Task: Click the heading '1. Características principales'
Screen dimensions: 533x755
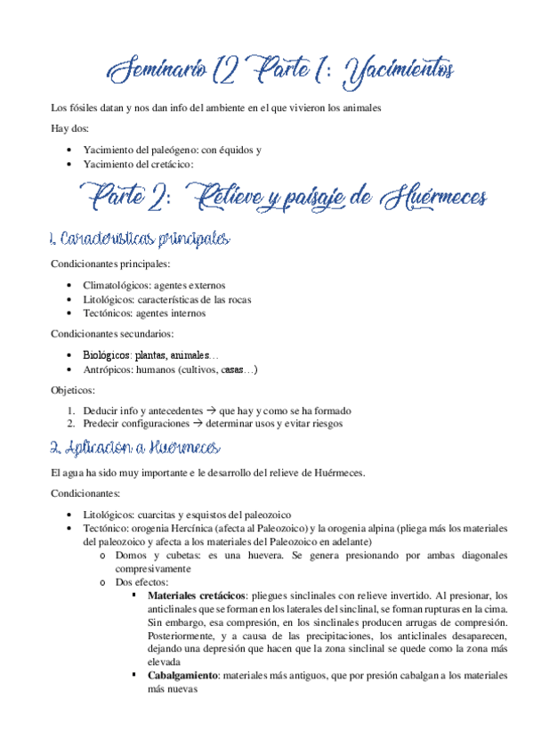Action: tap(141, 239)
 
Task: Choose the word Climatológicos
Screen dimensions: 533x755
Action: tap(118, 285)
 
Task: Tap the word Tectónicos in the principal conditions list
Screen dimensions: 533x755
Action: tap(109, 313)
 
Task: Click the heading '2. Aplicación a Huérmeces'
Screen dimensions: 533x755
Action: tap(137, 447)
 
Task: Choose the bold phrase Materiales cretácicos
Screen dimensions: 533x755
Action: tap(197, 596)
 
